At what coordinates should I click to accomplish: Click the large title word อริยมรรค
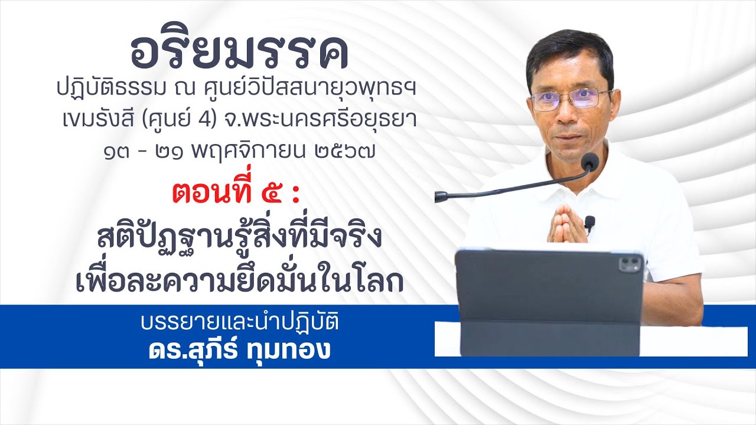pos(239,54)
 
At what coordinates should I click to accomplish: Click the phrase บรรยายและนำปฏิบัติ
pos(239,324)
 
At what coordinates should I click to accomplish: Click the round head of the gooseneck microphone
pos(589,161)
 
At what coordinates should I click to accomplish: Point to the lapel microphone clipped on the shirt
pos(589,223)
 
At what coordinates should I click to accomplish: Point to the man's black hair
pos(569,50)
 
